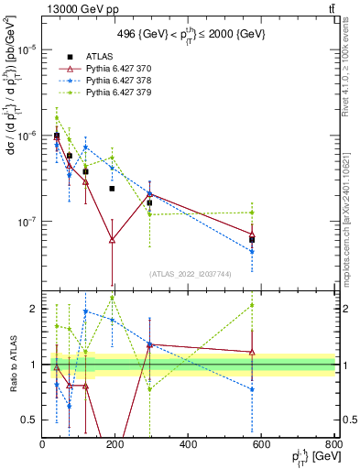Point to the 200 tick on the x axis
tap(115, 444)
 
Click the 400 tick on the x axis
tap(189, 444)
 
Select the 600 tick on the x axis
tap(262, 444)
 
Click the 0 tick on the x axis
tap(42, 444)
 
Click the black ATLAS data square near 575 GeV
tap(252, 239)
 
